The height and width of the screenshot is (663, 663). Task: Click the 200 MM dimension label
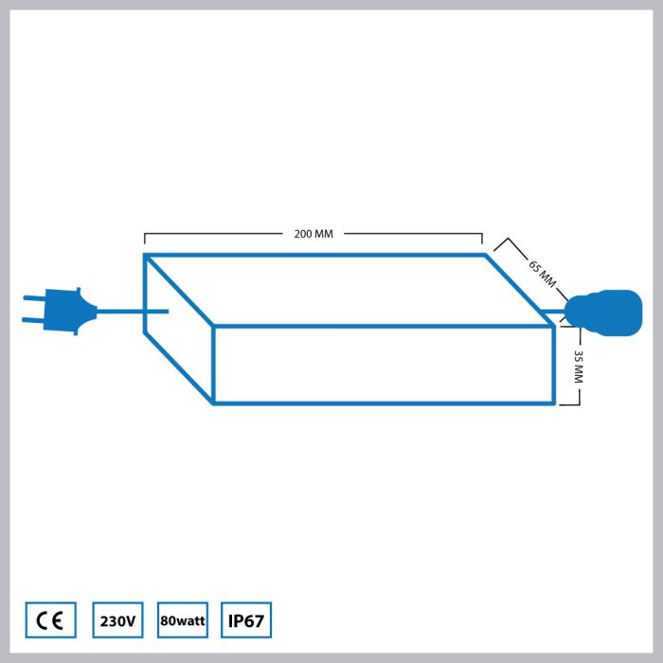coord(314,233)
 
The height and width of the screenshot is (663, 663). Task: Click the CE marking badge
coord(50,621)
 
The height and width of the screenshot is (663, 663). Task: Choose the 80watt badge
coord(184,621)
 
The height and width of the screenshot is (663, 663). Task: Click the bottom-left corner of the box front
coord(214,403)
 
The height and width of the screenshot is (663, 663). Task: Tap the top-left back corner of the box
coord(146,256)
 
